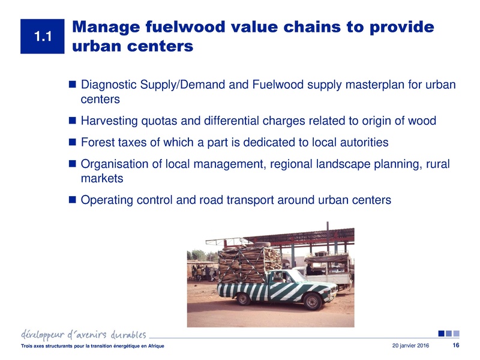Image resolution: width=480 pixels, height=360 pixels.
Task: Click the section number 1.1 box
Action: [42, 37]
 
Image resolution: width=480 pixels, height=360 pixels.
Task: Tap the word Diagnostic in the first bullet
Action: [109, 86]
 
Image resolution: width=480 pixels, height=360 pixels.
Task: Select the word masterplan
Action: [351, 86]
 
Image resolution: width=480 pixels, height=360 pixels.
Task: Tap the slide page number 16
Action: [455, 346]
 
